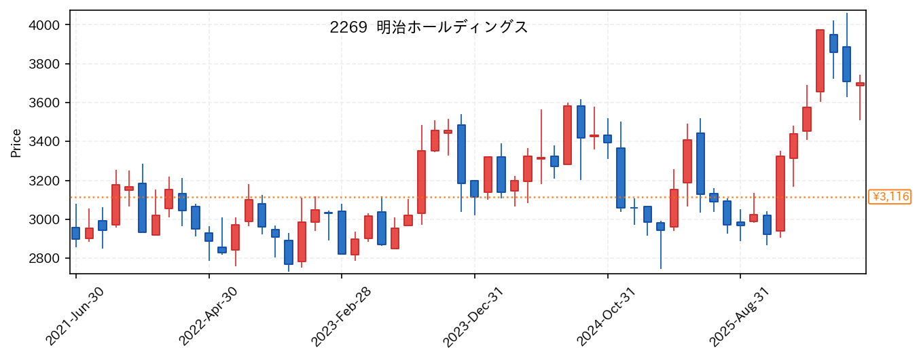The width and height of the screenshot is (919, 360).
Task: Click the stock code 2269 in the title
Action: (x=348, y=27)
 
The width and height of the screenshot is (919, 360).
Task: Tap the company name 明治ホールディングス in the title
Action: (x=452, y=27)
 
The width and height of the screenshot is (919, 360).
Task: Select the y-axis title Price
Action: (x=16, y=143)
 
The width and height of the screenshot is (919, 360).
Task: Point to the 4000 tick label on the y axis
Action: (x=44, y=25)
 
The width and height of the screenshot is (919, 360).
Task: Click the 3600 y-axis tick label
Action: (x=44, y=103)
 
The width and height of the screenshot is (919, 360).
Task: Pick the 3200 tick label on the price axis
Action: (x=44, y=181)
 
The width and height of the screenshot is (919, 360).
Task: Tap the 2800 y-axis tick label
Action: (x=44, y=259)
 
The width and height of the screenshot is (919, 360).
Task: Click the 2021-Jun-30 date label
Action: (x=74, y=317)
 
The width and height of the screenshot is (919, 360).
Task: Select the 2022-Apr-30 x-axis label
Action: (x=208, y=317)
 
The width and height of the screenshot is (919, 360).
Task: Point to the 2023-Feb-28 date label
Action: (x=340, y=317)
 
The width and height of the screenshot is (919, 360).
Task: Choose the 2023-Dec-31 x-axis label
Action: (x=473, y=317)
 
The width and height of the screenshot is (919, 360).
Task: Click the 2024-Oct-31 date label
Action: (x=607, y=317)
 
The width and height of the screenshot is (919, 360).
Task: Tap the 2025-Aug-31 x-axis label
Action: (x=739, y=317)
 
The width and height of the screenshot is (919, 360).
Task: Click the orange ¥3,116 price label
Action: (x=889, y=197)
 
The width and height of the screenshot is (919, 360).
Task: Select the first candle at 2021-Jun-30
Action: (x=76, y=233)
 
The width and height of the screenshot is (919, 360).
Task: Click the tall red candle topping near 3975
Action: (x=820, y=60)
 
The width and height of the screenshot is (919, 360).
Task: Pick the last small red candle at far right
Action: (x=860, y=84)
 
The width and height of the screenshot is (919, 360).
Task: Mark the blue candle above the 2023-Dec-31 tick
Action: (x=474, y=189)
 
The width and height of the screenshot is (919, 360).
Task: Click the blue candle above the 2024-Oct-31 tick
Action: (x=608, y=139)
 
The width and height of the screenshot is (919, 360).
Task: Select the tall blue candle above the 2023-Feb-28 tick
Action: (x=342, y=233)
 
